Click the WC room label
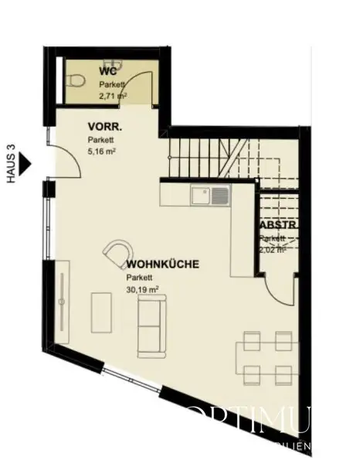[x=108, y=72]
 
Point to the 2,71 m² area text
[x=113, y=96]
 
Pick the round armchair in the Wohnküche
[x=118, y=254]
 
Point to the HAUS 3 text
[x=11, y=164]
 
